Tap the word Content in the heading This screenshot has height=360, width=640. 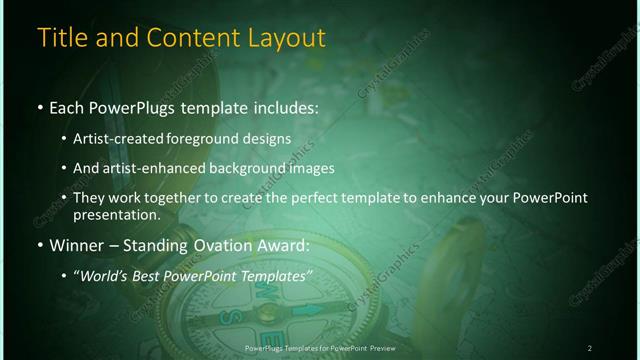(188, 39)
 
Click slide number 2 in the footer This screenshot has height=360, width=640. (590, 347)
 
